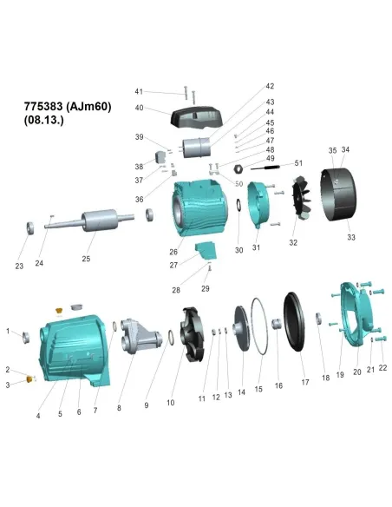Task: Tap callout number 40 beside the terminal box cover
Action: (x=139, y=109)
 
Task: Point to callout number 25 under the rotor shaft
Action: (x=86, y=258)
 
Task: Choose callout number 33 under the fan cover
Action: (x=351, y=237)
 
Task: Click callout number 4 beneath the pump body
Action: (x=38, y=416)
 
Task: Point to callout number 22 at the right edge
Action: (x=382, y=368)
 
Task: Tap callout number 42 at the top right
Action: (x=270, y=86)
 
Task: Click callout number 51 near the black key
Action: (x=299, y=163)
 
